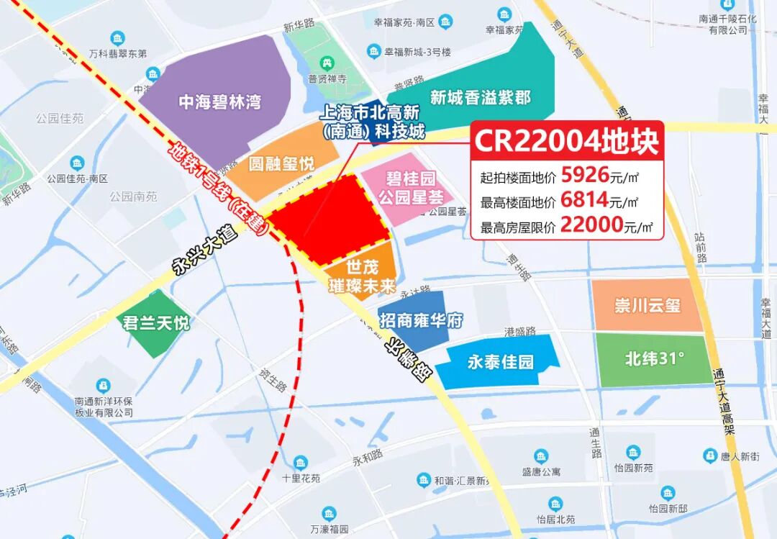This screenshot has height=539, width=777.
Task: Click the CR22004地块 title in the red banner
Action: [x=565, y=141]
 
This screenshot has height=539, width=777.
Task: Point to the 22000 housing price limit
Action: [x=591, y=225]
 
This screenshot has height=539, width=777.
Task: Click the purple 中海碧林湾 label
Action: [x=209, y=102]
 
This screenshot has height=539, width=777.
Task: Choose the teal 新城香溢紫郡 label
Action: [x=481, y=97]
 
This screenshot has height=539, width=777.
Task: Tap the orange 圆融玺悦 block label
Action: [x=281, y=164]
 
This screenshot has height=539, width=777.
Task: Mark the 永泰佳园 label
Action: [x=501, y=361]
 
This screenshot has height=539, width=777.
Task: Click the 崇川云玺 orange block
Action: [x=647, y=305]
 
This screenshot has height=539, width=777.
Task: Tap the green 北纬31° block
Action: [x=653, y=358]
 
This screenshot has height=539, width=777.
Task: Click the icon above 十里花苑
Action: [x=301, y=462]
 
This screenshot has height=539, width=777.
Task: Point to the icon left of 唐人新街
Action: [x=710, y=456]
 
